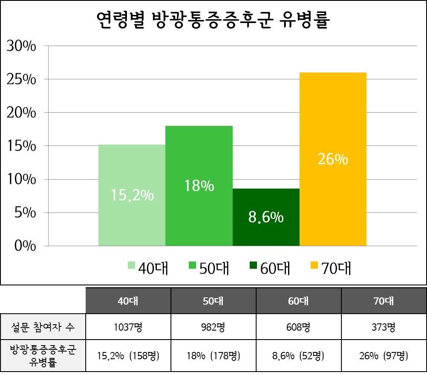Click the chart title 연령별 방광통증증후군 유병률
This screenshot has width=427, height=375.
click(213, 20)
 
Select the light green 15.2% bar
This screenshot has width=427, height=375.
click(132, 195)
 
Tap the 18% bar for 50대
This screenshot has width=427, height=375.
click(199, 186)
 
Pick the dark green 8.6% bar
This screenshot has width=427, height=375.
click(266, 217)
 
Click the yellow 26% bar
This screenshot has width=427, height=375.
click(333, 159)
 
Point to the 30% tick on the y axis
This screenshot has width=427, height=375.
click(21, 46)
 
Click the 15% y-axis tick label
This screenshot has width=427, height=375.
click(21, 146)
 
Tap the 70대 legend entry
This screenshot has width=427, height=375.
click(330, 268)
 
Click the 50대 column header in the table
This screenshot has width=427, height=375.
click(213, 301)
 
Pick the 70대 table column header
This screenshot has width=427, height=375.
click(384, 301)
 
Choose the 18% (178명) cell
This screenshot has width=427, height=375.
click(213, 355)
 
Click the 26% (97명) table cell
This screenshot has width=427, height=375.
click(384, 355)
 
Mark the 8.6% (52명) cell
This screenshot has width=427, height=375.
click(298, 355)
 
